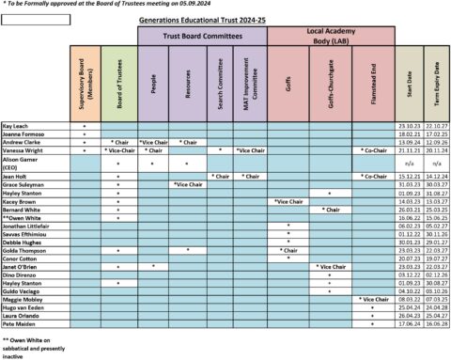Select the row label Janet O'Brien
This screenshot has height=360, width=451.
[23, 266]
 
